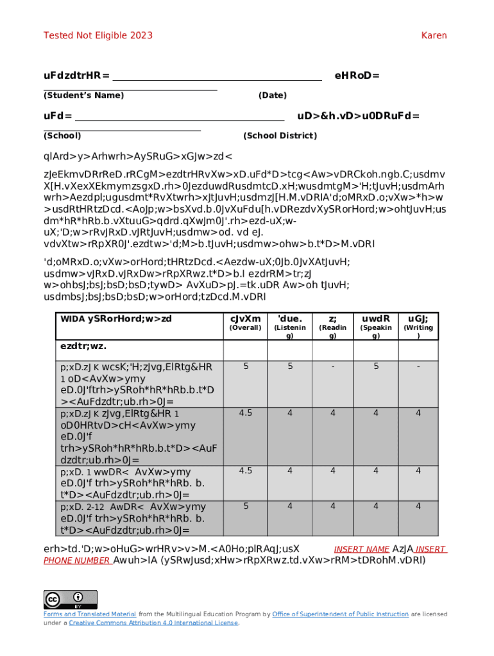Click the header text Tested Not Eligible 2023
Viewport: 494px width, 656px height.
click(98, 35)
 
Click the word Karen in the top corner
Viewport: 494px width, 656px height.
click(434, 35)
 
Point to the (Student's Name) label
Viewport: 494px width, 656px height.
click(83, 95)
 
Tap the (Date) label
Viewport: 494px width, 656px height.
click(272, 95)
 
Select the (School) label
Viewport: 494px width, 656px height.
click(62, 136)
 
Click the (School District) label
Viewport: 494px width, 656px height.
click(280, 136)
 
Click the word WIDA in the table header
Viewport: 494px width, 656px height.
click(72, 319)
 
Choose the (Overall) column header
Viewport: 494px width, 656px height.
click(245, 327)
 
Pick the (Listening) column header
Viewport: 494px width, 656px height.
click(289, 331)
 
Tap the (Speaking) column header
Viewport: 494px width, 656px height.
click(376, 331)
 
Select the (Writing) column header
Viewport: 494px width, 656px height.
click(418, 331)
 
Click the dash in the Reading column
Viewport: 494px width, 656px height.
click(332, 366)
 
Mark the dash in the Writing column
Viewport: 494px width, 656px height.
click(418, 366)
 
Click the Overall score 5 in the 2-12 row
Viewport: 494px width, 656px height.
click(245, 506)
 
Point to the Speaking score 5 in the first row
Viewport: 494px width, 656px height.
click(376, 366)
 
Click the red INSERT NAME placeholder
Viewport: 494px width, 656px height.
click(362, 550)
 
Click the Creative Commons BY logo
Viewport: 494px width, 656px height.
click(71, 600)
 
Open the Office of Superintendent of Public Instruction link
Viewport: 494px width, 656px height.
click(340, 614)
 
